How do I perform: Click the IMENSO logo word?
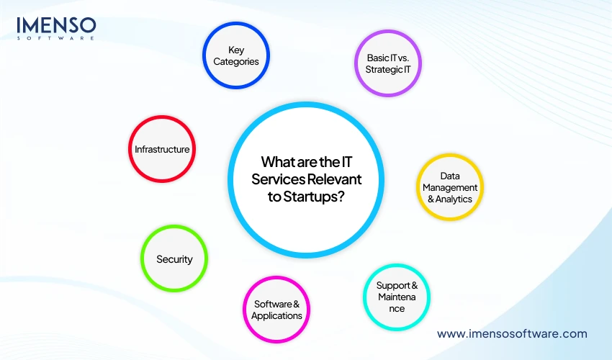[56, 26]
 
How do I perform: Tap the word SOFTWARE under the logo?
[56, 39]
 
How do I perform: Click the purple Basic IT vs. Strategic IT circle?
[387, 63]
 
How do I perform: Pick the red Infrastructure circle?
[162, 149]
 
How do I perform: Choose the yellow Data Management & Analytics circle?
[449, 186]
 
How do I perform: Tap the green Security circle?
[174, 258]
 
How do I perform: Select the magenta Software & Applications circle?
[277, 310]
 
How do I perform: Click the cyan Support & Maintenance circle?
[396, 297]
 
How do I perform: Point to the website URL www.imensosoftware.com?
[512, 333]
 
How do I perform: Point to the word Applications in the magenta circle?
[277, 315]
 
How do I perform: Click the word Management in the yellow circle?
[449, 187]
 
